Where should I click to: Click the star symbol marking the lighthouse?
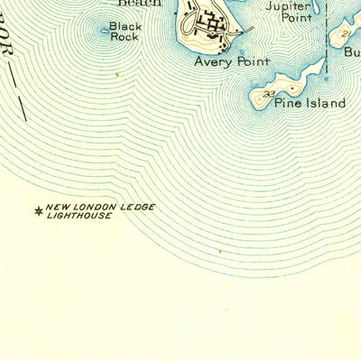[38, 212]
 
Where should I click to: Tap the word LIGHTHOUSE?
[79, 217]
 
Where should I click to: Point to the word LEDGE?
[137, 207]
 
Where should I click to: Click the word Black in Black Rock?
[125, 27]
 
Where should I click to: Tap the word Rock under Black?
[125, 38]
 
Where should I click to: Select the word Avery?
[211, 63]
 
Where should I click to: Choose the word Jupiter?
[289, 5]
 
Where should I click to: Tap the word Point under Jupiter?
[289, 17]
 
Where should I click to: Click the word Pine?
[288, 103]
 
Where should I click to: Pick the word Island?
[325, 103]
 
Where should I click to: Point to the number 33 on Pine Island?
[268, 93]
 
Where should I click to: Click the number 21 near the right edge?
[347, 33]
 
